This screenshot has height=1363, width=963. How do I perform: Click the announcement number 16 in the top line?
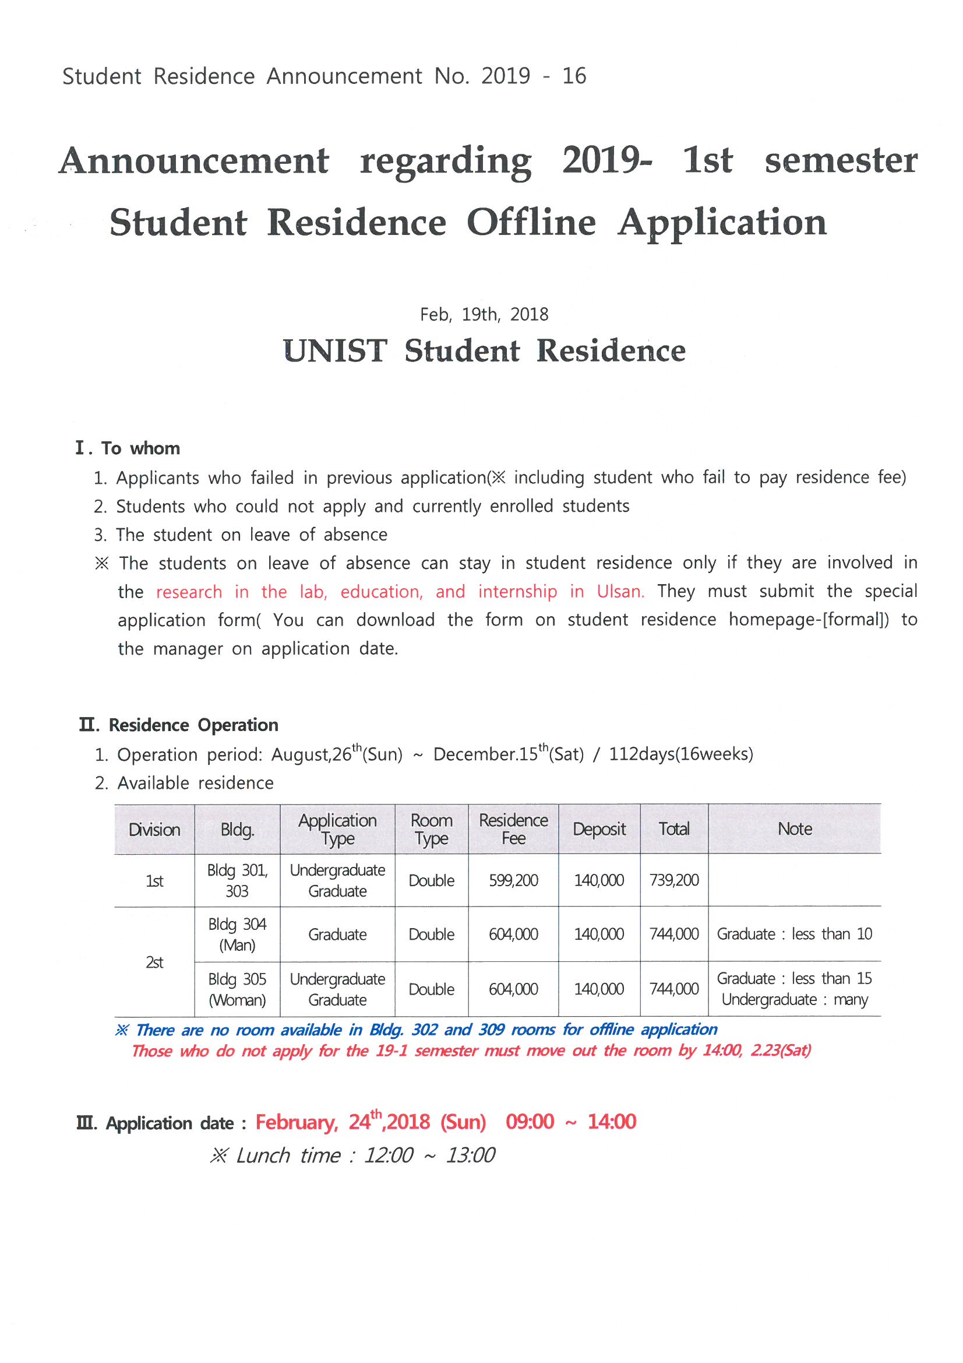(x=574, y=76)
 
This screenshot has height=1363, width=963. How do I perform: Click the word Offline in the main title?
(x=531, y=223)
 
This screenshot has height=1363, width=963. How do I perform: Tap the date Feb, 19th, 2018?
(x=484, y=314)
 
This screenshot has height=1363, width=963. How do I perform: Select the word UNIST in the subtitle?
(x=335, y=351)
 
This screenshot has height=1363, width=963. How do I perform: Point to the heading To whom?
(x=140, y=448)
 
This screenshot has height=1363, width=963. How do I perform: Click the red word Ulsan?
(x=620, y=592)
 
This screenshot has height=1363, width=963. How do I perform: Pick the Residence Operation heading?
(x=193, y=725)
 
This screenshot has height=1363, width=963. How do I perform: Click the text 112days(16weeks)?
(x=680, y=754)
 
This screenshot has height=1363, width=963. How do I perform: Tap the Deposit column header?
(x=599, y=830)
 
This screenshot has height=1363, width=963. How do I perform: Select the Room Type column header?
(x=431, y=830)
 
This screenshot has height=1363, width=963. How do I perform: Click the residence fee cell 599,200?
(x=513, y=880)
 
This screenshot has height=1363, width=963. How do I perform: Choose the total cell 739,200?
(x=674, y=880)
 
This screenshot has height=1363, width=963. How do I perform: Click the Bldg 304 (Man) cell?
(x=237, y=935)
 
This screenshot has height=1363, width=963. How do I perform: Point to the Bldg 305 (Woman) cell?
(x=237, y=989)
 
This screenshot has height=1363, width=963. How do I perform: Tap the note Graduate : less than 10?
(x=794, y=935)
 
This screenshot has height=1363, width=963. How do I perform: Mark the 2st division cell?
(x=154, y=962)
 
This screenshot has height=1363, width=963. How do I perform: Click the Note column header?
(x=795, y=830)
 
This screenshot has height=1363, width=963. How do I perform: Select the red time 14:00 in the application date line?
(x=612, y=1122)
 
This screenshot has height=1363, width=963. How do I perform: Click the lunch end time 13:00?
(x=470, y=1156)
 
